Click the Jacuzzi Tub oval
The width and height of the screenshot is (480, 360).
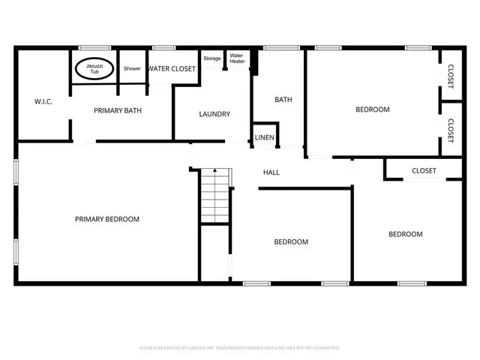tap(94, 68)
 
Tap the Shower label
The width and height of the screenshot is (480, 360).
tap(132, 68)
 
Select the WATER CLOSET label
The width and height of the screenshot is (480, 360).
tap(172, 68)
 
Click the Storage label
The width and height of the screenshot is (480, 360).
tap(211, 58)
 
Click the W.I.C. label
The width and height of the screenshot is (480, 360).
tap(43, 101)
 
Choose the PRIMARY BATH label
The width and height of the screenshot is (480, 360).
tap(118, 111)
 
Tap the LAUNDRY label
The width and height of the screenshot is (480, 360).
tap(214, 114)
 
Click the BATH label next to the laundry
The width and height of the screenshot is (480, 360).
tap(283, 100)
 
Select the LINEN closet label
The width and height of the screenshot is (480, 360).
tap(265, 137)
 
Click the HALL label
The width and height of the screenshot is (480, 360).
tap(271, 172)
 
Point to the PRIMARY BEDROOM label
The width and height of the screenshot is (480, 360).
tap(107, 219)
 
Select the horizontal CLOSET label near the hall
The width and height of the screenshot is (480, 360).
tap(424, 171)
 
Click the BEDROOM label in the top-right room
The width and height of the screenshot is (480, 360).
tap(372, 109)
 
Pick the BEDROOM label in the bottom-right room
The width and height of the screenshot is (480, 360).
tap(405, 234)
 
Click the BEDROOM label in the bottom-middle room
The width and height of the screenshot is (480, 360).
tap(290, 241)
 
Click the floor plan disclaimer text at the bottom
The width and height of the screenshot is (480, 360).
tap(240, 348)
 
